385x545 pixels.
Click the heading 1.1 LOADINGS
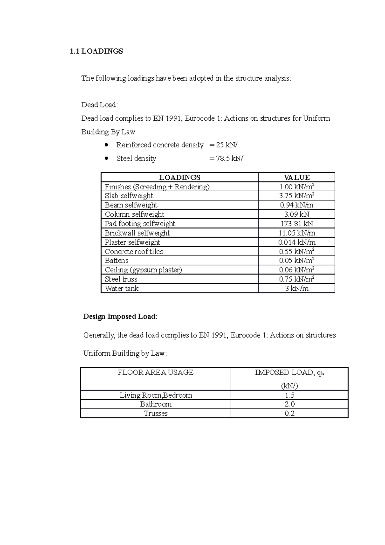(x=96, y=51)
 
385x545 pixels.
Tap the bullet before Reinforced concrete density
(x=106, y=145)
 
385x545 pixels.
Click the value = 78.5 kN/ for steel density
(x=226, y=159)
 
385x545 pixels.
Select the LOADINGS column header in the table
(x=180, y=177)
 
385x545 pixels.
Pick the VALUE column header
(x=296, y=177)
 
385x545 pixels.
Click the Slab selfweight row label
(x=129, y=196)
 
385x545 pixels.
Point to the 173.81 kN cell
(x=296, y=224)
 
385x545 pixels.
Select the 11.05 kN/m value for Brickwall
(x=296, y=233)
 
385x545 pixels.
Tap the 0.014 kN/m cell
(x=296, y=242)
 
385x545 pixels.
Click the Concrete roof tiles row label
(x=134, y=252)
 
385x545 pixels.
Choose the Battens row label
(x=116, y=261)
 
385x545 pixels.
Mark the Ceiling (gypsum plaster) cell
(x=143, y=270)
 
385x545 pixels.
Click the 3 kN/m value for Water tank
(x=296, y=289)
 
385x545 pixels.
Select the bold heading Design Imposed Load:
(x=120, y=317)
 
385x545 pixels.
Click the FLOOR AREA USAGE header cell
(x=156, y=373)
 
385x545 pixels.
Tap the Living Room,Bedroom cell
(x=156, y=395)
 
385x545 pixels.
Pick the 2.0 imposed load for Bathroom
(x=289, y=404)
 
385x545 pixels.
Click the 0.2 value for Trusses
(x=289, y=414)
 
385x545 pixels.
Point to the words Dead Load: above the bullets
(x=99, y=105)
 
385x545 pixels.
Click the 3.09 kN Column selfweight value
(x=296, y=214)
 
